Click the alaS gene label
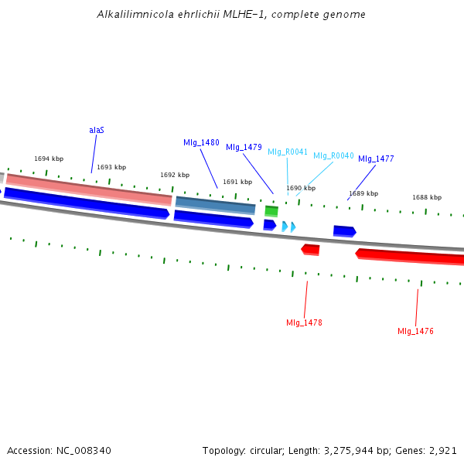point(97,130)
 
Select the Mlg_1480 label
point(201,143)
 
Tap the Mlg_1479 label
point(244,147)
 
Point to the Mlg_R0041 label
point(288,152)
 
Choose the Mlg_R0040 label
point(333,155)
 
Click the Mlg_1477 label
point(376,159)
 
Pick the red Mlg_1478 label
point(304,322)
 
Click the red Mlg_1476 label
point(415,331)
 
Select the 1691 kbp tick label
point(237,183)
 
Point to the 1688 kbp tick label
point(427,197)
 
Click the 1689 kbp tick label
point(363,193)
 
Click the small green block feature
point(271,211)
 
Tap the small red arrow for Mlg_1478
point(310,249)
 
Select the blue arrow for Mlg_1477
point(344,230)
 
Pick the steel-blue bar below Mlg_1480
point(215,205)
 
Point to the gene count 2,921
point(443,450)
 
